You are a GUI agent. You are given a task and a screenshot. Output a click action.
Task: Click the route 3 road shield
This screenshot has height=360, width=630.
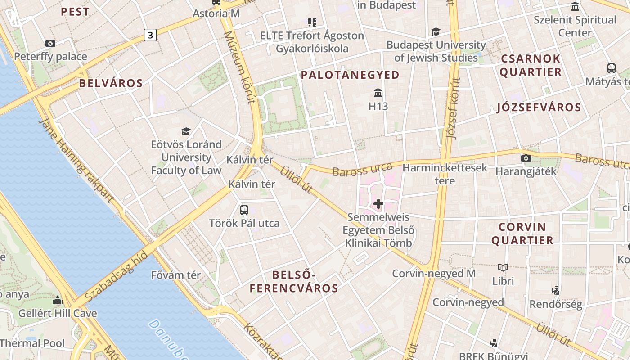(x=150, y=35)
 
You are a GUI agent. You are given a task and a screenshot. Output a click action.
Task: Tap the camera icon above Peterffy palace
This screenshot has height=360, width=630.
(x=50, y=44)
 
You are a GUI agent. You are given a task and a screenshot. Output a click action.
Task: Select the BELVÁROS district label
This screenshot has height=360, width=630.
(x=111, y=83)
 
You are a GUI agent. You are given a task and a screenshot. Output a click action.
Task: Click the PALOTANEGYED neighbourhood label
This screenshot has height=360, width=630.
(x=350, y=75)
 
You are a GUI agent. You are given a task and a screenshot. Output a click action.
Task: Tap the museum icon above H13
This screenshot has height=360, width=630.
(x=378, y=93)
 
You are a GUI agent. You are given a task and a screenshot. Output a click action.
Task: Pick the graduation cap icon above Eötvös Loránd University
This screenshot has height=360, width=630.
(x=186, y=131)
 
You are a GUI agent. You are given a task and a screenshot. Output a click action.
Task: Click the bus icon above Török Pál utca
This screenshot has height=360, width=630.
(x=244, y=210)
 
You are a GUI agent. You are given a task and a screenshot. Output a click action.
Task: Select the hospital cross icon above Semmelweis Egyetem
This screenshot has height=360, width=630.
(x=378, y=204)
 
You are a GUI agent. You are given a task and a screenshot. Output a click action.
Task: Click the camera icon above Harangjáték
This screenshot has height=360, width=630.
(x=526, y=158)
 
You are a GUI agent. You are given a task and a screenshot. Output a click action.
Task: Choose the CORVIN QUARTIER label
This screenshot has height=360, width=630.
(x=522, y=234)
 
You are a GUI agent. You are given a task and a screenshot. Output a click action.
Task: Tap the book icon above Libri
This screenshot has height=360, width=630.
(x=503, y=267)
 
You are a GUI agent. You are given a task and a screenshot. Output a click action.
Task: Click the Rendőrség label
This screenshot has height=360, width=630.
(x=556, y=304)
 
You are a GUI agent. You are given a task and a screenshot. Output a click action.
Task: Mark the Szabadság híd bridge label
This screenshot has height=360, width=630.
(x=116, y=276)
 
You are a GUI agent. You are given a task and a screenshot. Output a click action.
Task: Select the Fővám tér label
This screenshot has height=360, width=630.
(x=176, y=275)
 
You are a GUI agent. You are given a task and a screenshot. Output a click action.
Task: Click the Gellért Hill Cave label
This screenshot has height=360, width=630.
(x=58, y=313)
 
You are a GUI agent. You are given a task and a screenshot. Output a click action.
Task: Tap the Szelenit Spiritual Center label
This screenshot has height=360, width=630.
(x=575, y=26)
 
